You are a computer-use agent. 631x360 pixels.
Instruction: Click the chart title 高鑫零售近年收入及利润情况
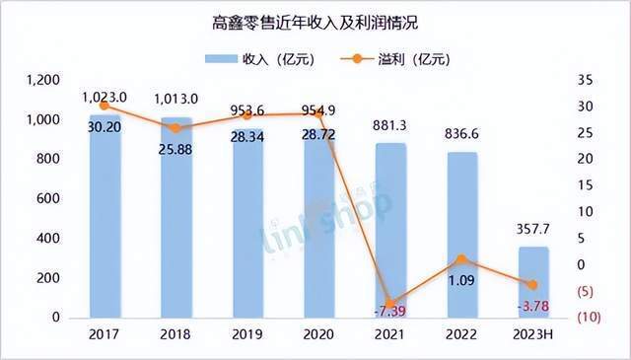coord(315,23)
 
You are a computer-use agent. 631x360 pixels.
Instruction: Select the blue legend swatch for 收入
coord(221,59)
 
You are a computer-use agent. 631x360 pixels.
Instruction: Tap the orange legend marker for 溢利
coord(357,59)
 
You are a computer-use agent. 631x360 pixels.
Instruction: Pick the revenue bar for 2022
coord(461,235)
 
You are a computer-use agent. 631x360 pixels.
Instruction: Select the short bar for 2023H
coord(533,282)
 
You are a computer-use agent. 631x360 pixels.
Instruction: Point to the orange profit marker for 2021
coord(390,304)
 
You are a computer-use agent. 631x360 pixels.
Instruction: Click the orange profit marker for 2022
coord(461,259)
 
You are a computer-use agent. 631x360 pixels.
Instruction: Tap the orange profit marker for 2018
coord(176,128)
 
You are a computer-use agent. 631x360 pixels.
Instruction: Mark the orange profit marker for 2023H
coord(532,285)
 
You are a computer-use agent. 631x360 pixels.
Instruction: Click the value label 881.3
coord(390,126)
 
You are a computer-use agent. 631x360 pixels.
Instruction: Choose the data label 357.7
coord(532,230)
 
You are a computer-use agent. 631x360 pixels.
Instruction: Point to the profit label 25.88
coord(175,150)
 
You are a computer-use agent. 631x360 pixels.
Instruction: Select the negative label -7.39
coord(390,312)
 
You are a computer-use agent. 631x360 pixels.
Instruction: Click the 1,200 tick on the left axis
coord(43,80)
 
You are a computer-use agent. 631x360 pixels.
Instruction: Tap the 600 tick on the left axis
coord(48,198)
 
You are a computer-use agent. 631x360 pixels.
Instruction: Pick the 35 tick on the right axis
coord(586,80)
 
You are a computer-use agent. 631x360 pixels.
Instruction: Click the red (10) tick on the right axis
coord(590,318)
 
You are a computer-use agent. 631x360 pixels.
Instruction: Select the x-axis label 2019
coord(247,334)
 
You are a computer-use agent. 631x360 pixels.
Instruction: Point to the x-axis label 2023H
coord(532,334)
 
